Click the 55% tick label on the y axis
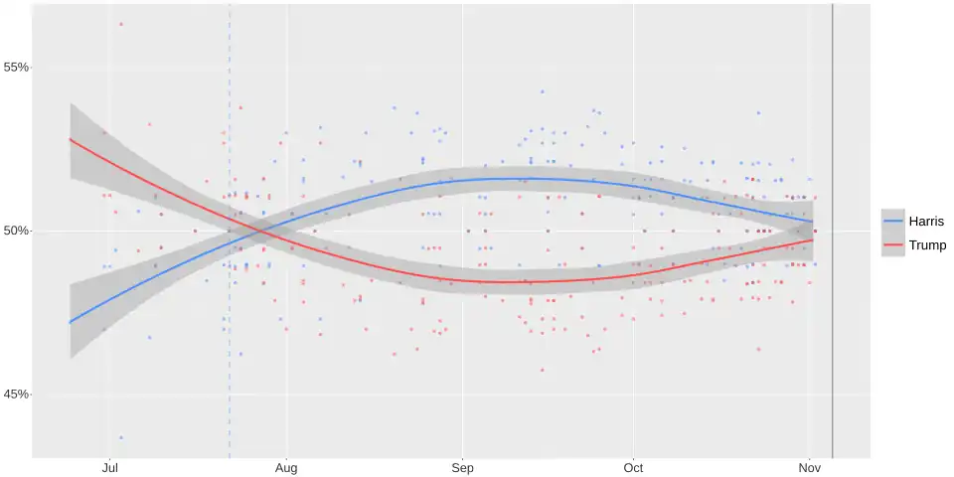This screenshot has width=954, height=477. click(x=17, y=68)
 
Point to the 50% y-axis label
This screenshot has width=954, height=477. click(x=17, y=232)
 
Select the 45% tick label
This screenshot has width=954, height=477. click(x=17, y=395)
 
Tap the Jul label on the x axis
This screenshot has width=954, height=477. click(x=110, y=467)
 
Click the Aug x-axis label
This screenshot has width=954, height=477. click(x=286, y=467)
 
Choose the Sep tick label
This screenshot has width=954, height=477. click(x=462, y=467)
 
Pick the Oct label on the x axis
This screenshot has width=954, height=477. click(x=633, y=467)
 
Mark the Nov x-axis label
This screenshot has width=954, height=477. click(x=809, y=467)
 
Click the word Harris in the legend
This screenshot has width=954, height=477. click(x=925, y=221)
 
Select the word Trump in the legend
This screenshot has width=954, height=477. click(x=927, y=244)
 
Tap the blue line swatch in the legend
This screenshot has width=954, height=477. click(x=893, y=221)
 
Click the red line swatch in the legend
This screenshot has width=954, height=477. click(x=893, y=244)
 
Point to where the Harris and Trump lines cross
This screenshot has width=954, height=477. click(x=260, y=233)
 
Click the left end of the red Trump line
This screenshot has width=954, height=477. click(x=70, y=139)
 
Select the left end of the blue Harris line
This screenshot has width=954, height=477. click(x=70, y=322)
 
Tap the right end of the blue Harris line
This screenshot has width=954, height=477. click(x=812, y=222)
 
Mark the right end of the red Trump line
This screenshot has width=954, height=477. click(x=812, y=239)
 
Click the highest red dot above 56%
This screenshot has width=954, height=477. click(x=121, y=24)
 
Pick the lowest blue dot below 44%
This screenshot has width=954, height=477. click(x=121, y=437)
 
